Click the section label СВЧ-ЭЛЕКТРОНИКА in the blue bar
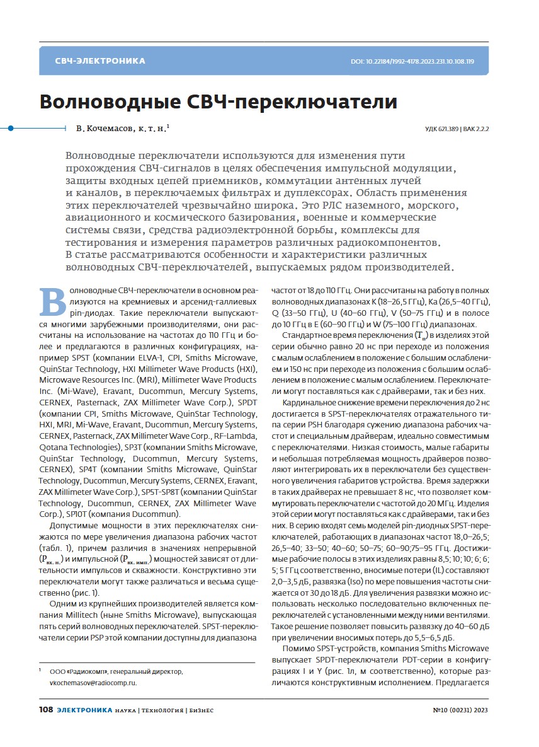coord(99,61)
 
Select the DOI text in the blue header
coord(412,62)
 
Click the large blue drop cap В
coord(53,302)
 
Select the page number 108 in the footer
coord(45,710)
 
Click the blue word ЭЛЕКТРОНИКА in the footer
coord(84,710)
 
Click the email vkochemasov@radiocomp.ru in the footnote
coord(93,683)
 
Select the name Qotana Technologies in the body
coord(78,446)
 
